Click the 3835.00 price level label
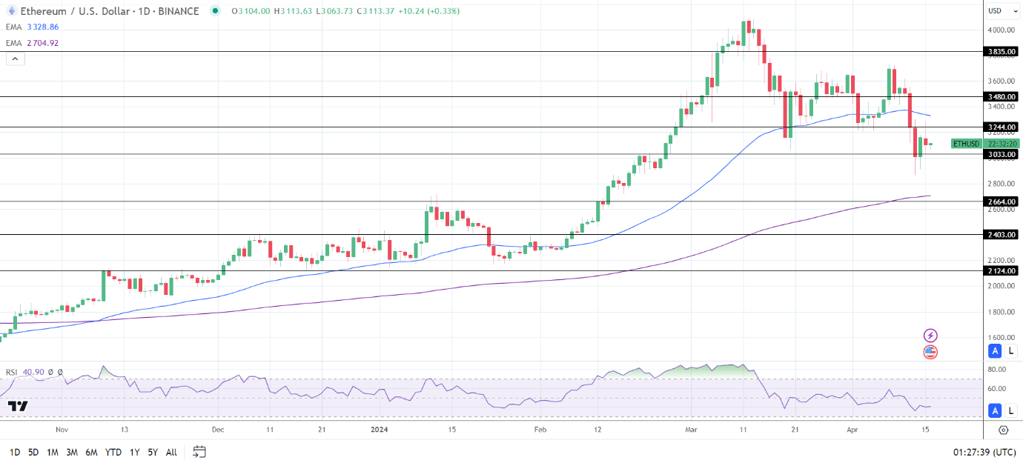1002,52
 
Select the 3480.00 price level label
1002,97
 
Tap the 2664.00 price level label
1002,201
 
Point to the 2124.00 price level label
1002,271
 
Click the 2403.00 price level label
1002,235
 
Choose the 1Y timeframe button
134,452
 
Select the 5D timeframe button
33,452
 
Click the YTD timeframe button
113,452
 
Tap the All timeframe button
171,452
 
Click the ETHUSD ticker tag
967,144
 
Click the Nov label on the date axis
62,430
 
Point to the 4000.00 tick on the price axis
1000,30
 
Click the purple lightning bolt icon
930,336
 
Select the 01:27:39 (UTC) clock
984,452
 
